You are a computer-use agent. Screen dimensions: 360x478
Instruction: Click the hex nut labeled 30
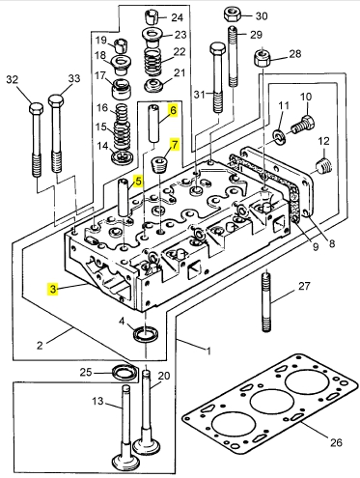233,14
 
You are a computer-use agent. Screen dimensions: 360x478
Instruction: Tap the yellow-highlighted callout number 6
173,111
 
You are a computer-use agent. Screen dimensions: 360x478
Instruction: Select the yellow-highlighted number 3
53,289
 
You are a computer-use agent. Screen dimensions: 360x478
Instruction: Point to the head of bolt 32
36,108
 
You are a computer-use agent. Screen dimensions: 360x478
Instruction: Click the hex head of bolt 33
56,100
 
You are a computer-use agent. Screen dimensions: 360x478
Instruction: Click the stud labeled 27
266,302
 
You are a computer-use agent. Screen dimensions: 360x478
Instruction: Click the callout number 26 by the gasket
336,442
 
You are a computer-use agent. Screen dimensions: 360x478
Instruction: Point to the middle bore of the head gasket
272,402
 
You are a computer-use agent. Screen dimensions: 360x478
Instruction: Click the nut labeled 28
263,57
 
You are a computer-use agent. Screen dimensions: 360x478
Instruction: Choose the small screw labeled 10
303,125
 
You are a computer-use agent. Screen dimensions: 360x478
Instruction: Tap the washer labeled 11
278,136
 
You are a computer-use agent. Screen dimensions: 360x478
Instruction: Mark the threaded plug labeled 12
323,167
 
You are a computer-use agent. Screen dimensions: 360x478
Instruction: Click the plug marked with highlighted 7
159,164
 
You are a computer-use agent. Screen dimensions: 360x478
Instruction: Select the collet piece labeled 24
152,16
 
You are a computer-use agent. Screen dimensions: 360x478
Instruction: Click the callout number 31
200,95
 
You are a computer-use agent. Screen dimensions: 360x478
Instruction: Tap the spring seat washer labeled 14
123,157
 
